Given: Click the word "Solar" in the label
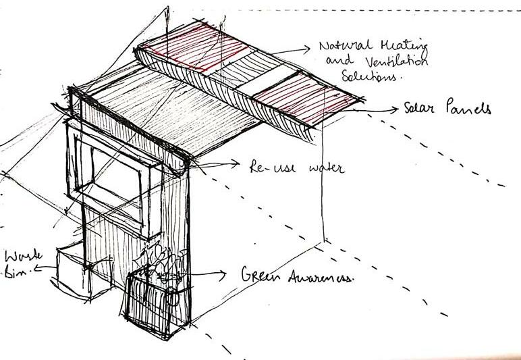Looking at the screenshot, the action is coord(423,108).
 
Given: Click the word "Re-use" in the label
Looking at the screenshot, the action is coord(267,165).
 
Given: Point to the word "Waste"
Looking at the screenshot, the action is coord(23,257).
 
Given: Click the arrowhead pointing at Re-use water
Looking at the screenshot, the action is coord(236,163).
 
